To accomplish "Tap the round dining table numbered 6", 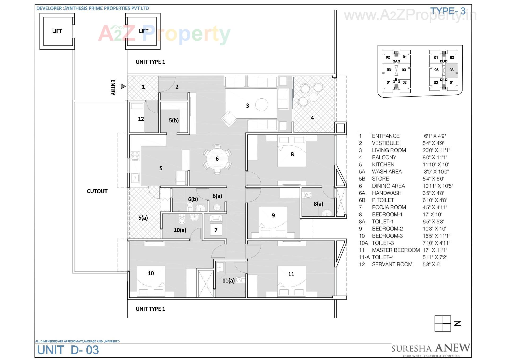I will pos(217,159).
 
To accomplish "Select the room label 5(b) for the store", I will pos(174,120).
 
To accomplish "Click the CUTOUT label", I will pos(97,191).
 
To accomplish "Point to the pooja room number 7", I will pos(216,230).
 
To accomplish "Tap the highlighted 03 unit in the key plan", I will pos(451,70).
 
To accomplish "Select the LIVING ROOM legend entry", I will pos(389,150).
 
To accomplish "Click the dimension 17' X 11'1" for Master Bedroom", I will pos(435,250).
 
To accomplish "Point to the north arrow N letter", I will pos(457,323).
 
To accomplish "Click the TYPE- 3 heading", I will pos(447,11).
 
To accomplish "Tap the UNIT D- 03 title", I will pos(68,350).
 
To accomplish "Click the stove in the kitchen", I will pos(135,156).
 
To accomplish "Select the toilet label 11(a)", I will pos(228,280).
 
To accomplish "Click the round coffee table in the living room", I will pos(261,105).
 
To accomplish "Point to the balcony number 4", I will pos(312,118).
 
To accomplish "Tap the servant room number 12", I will pos(141,119).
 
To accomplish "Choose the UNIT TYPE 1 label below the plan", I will pos(150,309).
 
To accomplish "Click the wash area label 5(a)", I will pos(143,218).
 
